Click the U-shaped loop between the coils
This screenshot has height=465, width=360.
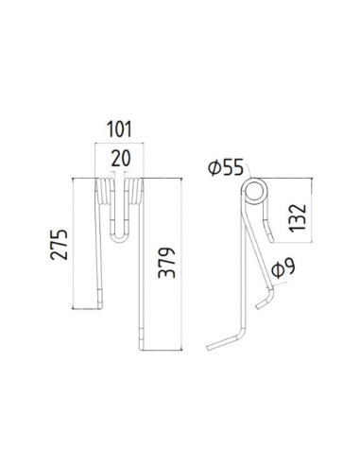pyautogui.click(x=120, y=233)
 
